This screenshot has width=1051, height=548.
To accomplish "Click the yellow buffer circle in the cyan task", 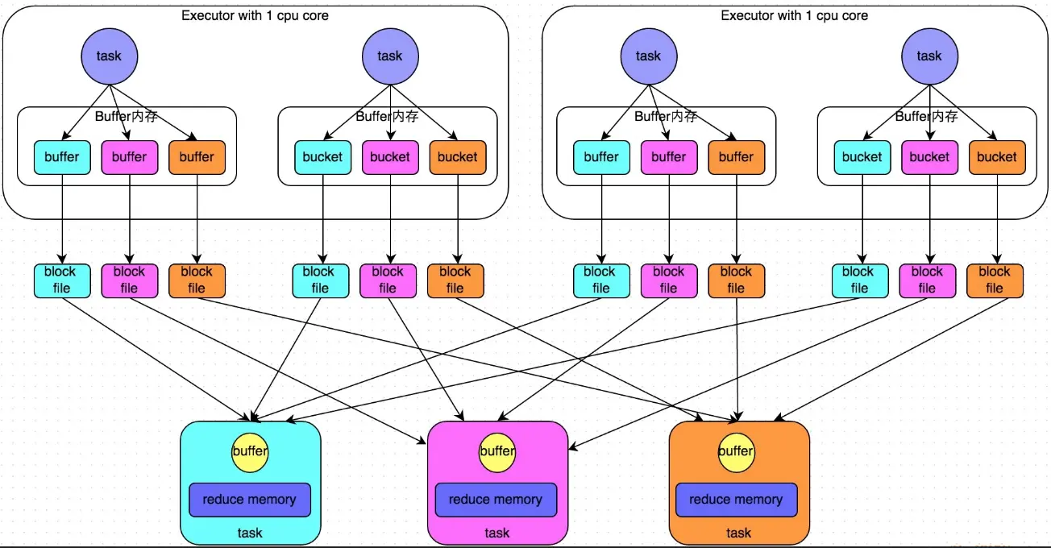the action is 250,452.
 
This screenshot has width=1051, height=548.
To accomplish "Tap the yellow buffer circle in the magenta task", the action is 496,452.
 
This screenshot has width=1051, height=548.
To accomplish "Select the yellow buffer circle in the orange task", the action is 736,452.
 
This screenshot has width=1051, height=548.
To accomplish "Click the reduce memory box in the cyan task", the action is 250,500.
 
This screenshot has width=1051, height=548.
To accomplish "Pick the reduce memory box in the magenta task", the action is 496,500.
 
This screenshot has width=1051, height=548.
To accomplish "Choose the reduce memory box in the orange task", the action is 736,500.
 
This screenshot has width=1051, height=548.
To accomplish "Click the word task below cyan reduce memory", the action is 250,533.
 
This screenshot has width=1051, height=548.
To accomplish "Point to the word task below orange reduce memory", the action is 738,533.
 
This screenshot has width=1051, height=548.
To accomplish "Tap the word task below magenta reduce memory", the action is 496,533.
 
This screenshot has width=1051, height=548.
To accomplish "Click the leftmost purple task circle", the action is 110,56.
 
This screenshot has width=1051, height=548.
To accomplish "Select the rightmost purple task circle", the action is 929,56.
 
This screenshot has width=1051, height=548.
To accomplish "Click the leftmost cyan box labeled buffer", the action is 62,157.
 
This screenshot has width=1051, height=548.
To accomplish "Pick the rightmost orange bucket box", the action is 997,157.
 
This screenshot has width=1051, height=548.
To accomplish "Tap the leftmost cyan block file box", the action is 62,280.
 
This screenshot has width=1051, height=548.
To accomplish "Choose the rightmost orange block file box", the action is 995,280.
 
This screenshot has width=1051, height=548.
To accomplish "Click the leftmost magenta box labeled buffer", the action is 130,157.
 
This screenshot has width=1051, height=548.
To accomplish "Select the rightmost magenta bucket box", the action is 929,157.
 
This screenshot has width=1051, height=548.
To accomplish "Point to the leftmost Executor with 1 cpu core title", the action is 255,15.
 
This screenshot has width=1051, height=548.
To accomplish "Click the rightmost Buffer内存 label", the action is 927,116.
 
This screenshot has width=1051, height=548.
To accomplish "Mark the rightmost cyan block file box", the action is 860,280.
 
